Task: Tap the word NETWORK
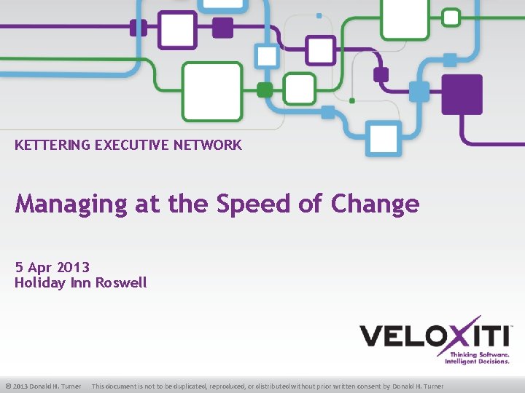click(207, 145)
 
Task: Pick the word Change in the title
click(375, 204)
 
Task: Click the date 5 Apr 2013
click(52, 268)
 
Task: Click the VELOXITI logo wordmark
click(433, 336)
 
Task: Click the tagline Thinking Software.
click(478, 354)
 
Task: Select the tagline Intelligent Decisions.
click(477, 361)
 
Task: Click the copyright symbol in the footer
click(7, 386)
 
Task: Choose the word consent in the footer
click(367, 386)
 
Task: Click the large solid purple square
click(462, 95)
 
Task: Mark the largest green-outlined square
click(211, 92)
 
